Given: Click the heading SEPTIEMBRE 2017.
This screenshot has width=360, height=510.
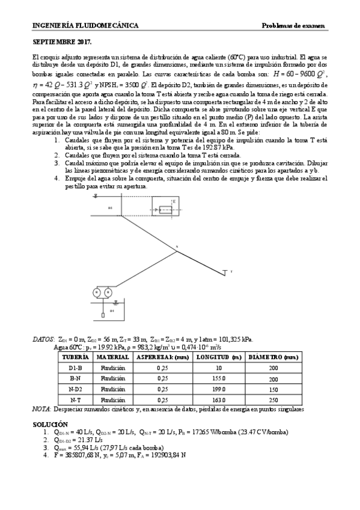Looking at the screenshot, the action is click(61, 43).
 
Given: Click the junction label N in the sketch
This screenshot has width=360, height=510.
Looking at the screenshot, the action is click(177, 247).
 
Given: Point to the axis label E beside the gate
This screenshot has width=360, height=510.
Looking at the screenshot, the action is click(174, 201).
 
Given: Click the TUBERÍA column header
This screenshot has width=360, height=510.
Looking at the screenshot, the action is click(76, 357).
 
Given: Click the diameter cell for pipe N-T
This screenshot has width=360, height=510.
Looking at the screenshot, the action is click(273, 399).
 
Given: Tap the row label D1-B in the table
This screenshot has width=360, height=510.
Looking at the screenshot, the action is click(76, 367).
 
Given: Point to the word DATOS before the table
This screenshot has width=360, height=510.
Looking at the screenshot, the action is click(43, 339).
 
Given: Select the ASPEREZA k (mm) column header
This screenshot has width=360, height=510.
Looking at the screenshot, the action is click(163, 357).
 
